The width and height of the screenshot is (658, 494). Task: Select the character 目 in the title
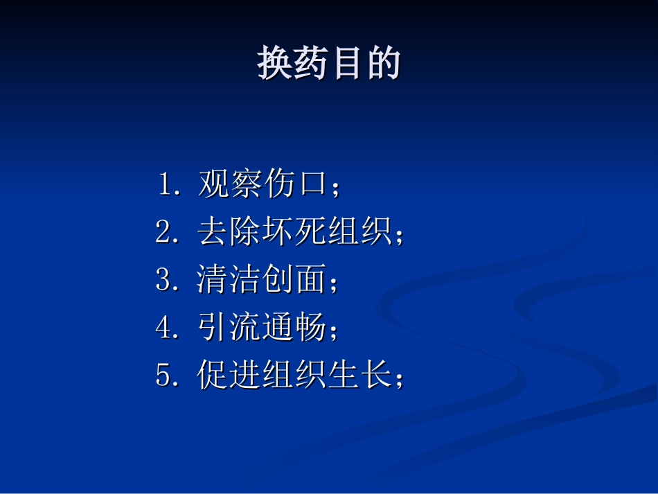tap(348, 64)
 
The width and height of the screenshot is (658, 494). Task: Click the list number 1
tap(166, 185)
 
